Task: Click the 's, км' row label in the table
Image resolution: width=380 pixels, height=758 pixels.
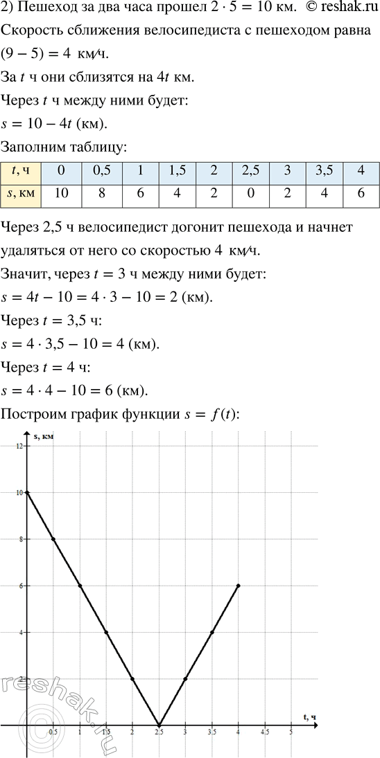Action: pyautogui.click(x=21, y=195)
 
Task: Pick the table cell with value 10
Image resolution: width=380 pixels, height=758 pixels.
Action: pyautogui.click(x=60, y=195)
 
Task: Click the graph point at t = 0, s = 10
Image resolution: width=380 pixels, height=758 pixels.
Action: pyautogui.click(x=27, y=492)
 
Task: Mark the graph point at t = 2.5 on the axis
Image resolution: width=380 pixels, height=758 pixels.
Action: pyautogui.click(x=159, y=725)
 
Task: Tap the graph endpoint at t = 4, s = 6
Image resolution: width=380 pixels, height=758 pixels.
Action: pyautogui.click(x=239, y=586)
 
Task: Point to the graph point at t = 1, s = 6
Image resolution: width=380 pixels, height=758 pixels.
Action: pyautogui.click(x=80, y=586)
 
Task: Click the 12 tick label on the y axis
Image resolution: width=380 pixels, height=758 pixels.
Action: pyautogui.click(x=19, y=446)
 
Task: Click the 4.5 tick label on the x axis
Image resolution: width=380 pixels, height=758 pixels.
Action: pyautogui.click(x=265, y=732)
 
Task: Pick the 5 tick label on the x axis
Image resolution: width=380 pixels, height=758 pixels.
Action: pyautogui.click(x=291, y=732)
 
